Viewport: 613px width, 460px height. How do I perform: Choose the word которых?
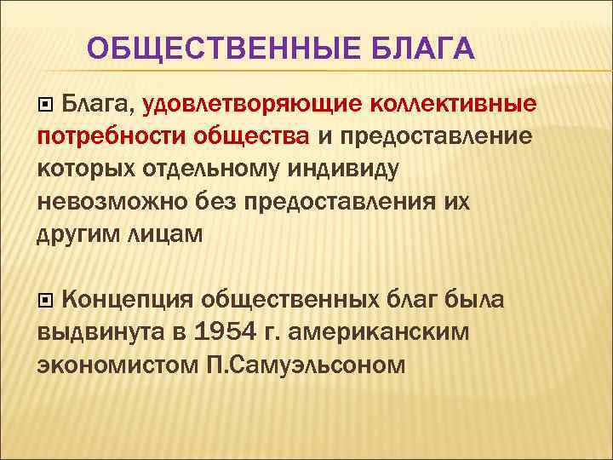click(x=84, y=169)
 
